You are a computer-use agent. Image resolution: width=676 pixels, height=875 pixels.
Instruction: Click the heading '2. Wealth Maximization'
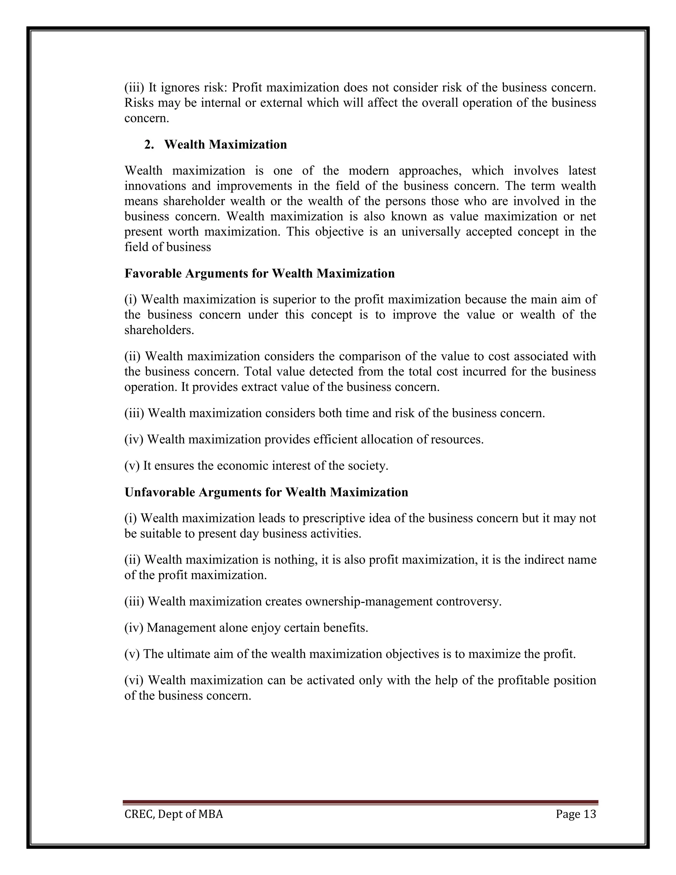(x=216, y=145)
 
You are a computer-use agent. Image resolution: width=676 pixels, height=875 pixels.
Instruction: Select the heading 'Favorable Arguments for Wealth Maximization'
(x=259, y=274)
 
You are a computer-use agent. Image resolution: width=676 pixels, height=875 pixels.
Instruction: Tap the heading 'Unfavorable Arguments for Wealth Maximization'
(x=266, y=492)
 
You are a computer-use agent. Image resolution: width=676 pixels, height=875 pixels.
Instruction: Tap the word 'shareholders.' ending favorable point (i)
(x=159, y=331)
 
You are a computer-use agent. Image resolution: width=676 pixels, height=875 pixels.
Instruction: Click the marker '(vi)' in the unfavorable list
(x=134, y=680)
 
